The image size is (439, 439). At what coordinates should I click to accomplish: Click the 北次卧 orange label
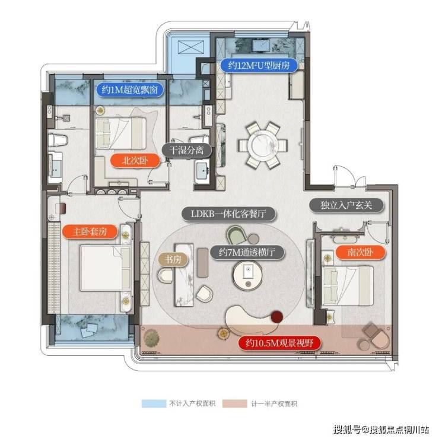tap(135, 161)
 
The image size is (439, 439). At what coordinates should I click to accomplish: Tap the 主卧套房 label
tap(90, 232)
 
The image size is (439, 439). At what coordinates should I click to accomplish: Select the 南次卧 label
tap(360, 253)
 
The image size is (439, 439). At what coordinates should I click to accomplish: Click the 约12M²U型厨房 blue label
tap(258, 65)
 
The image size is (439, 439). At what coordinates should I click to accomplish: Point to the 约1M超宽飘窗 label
tap(129, 90)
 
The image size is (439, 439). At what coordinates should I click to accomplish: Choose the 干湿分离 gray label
tap(186, 150)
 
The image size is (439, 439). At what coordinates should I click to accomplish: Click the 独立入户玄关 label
tap(346, 205)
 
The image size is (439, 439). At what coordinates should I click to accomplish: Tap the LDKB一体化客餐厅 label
tap(228, 214)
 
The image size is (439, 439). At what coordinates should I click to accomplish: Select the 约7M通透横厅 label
tap(247, 253)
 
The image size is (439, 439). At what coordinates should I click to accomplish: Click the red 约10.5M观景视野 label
tap(279, 343)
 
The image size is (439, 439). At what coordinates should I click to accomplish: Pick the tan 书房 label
tap(173, 259)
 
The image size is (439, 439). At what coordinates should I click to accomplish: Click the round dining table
tap(262, 145)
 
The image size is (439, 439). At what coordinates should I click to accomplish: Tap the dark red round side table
tap(276, 317)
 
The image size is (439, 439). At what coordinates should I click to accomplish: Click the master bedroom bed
tap(106, 268)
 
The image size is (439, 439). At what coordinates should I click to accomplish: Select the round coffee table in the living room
tap(247, 275)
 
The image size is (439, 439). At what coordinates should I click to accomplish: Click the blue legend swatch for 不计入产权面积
tap(154, 403)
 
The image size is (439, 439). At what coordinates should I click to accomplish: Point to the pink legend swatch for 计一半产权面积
tap(234, 403)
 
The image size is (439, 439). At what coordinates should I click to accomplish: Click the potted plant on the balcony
tap(151, 338)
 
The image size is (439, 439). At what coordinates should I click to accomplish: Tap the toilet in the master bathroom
tap(58, 139)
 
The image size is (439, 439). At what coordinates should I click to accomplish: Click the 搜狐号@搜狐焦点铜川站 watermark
tap(381, 430)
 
